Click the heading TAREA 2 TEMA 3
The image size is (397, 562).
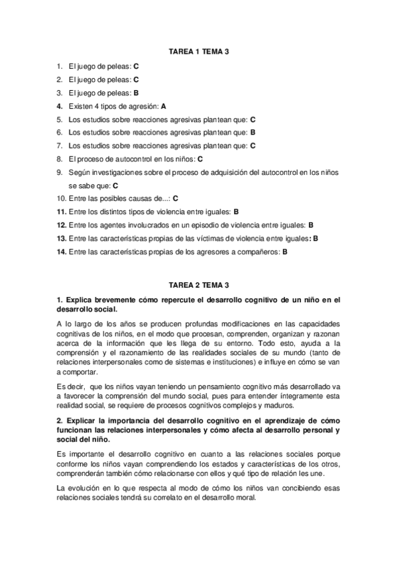(198, 286)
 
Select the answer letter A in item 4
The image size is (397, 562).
(164, 106)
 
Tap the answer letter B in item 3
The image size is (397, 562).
(136, 93)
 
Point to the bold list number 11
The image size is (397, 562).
(61, 212)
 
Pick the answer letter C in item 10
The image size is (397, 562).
(176, 198)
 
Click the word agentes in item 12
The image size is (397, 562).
(114, 225)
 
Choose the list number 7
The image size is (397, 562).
(60, 146)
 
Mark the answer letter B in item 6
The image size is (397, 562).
(253, 133)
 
